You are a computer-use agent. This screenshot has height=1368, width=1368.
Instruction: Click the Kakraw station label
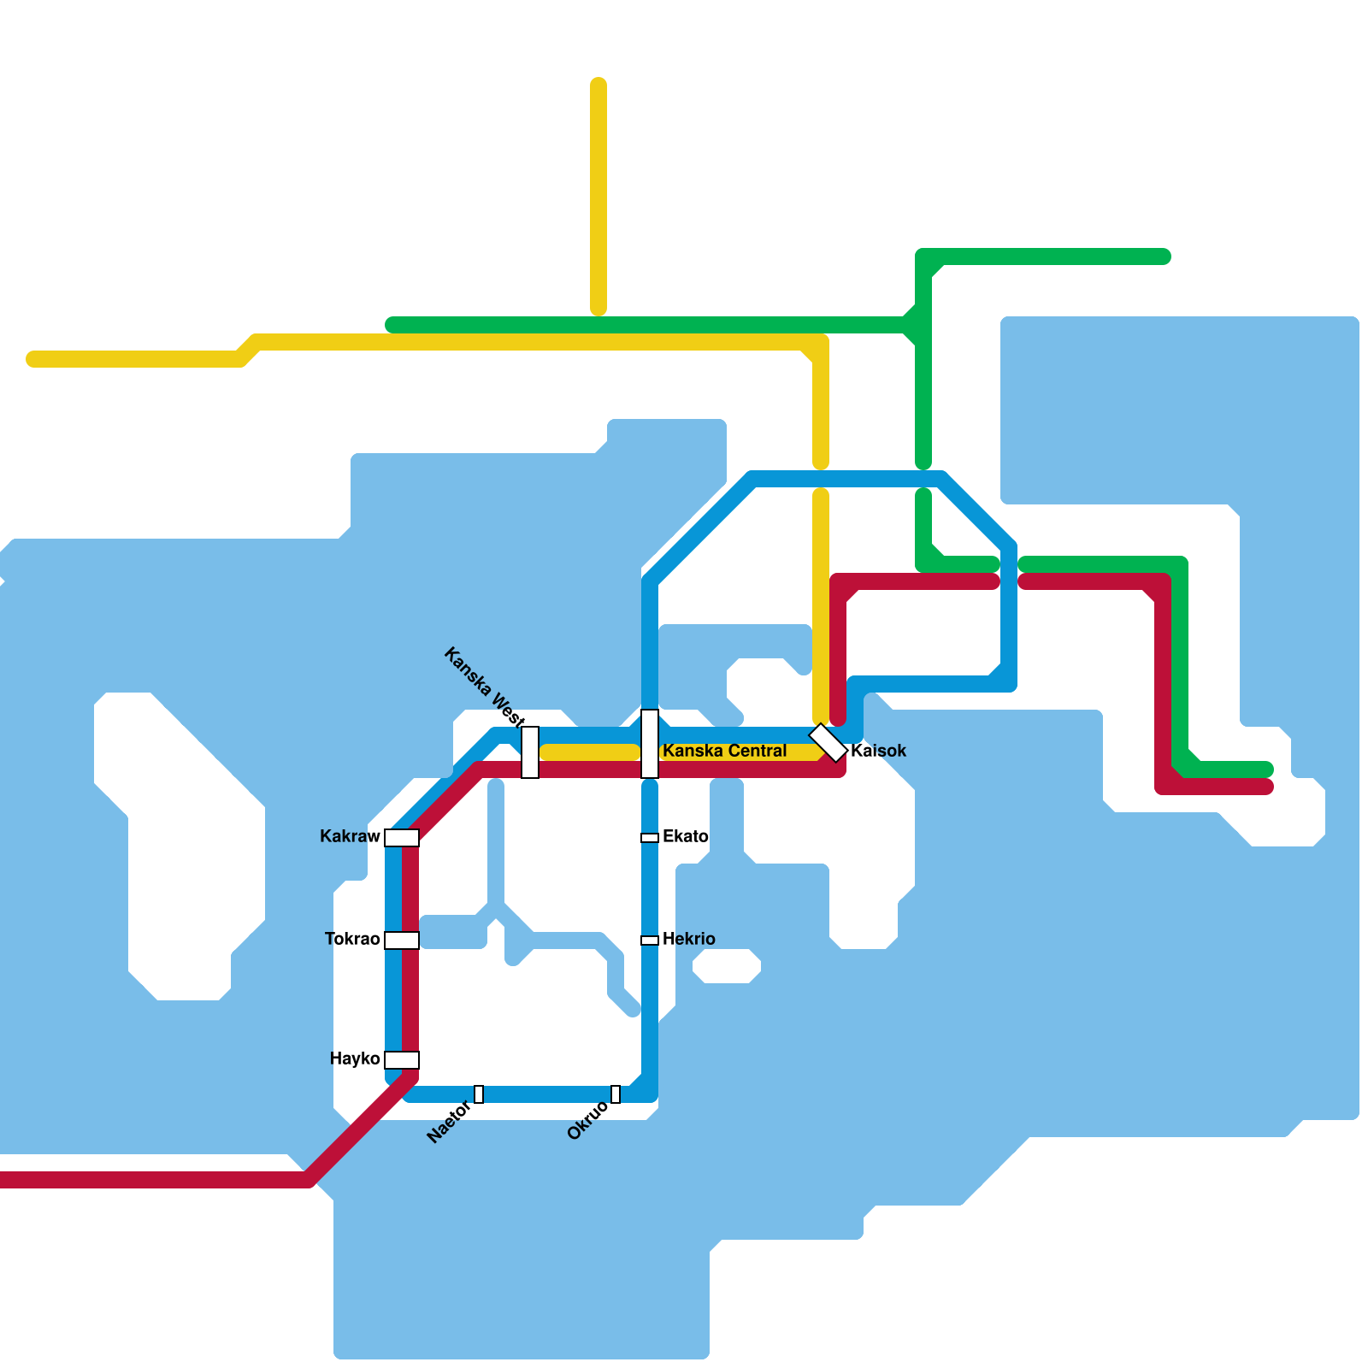(x=350, y=836)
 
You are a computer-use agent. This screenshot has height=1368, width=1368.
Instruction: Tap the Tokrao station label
(x=352, y=939)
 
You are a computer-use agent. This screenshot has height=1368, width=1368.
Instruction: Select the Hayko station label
(x=355, y=1058)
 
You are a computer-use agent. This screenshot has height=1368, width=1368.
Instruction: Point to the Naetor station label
(x=449, y=1122)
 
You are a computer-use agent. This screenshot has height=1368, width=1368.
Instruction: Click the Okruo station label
(x=588, y=1120)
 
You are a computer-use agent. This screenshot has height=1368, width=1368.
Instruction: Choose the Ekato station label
(x=686, y=836)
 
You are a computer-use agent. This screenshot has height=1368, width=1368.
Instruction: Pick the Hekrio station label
(x=689, y=939)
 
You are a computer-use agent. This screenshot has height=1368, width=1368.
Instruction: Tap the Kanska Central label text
(x=725, y=751)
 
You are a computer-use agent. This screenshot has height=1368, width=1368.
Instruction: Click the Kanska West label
(x=485, y=687)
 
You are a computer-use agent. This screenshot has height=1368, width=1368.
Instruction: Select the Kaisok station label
(x=879, y=751)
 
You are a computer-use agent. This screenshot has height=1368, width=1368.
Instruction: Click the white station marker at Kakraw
(x=402, y=838)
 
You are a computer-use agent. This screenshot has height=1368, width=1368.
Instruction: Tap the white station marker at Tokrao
(x=402, y=940)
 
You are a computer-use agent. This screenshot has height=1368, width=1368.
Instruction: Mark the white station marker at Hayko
(x=402, y=1060)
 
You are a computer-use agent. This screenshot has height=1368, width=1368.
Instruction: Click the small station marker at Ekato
(x=650, y=838)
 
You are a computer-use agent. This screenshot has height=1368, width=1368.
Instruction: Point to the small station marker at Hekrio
(x=650, y=940)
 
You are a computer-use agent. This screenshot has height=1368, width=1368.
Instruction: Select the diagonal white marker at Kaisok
(x=828, y=743)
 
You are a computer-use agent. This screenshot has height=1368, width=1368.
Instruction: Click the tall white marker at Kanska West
(x=530, y=752)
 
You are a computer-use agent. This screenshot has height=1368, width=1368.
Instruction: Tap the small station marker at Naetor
(x=479, y=1094)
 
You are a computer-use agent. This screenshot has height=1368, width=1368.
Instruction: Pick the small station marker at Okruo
(x=616, y=1094)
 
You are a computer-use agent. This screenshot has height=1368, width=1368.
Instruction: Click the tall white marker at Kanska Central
(x=650, y=744)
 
